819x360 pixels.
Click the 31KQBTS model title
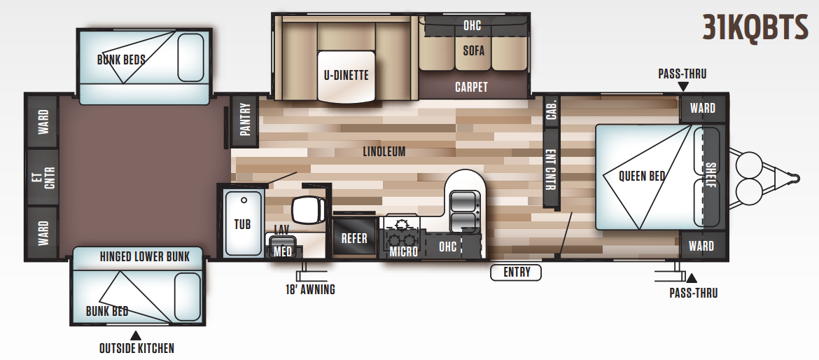[756, 29]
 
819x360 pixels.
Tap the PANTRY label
[244, 121]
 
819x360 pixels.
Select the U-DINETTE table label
[346, 76]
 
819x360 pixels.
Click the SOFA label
[473, 50]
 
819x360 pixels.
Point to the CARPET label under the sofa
[471, 87]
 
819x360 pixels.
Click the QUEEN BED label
[641, 176]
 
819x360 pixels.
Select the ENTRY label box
[517, 272]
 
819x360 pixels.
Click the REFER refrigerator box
[354, 238]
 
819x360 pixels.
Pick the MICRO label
[404, 251]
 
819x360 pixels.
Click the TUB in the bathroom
[242, 224]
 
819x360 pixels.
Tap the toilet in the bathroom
[308, 208]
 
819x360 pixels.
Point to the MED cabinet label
[283, 251]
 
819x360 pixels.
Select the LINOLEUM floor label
[384, 151]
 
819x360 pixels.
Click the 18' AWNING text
[310, 289]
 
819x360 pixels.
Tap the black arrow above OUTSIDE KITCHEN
[136, 335]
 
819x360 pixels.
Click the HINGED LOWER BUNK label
[144, 256]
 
